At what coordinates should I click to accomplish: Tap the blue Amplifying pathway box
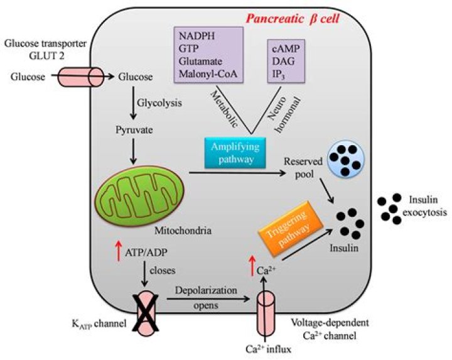[235, 153]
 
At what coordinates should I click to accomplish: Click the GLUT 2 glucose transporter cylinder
[81, 77]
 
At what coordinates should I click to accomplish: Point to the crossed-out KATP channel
[146, 314]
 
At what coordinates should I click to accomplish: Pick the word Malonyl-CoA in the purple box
[208, 74]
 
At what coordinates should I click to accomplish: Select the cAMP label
[286, 48]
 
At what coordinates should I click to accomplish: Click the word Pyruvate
[134, 130]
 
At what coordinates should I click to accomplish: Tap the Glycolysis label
[159, 103]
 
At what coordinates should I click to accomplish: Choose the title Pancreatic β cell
[293, 19]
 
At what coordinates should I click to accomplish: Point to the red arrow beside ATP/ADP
[118, 251]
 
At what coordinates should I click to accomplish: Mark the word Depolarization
[206, 290]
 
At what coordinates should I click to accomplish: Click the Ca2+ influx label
[268, 349]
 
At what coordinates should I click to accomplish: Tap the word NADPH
[197, 36]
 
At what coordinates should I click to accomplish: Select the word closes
[163, 271]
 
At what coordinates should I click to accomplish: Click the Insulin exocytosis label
[424, 206]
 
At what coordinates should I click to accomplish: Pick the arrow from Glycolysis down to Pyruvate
[133, 103]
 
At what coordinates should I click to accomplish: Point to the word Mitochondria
[183, 231]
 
